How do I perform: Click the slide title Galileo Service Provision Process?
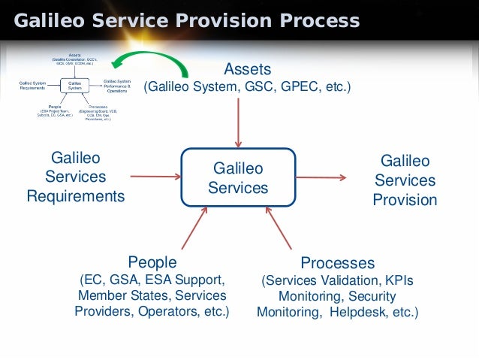[187, 20]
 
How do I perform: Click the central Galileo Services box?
[238, 177]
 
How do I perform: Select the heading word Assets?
[247, 69]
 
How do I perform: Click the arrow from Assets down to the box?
[238, 120]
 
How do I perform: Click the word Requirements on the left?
[76, 197]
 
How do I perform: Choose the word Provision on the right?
[405, 200]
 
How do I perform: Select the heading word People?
[152, 262]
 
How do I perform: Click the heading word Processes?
[337, 263]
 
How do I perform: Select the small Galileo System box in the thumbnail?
[75, 85]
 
